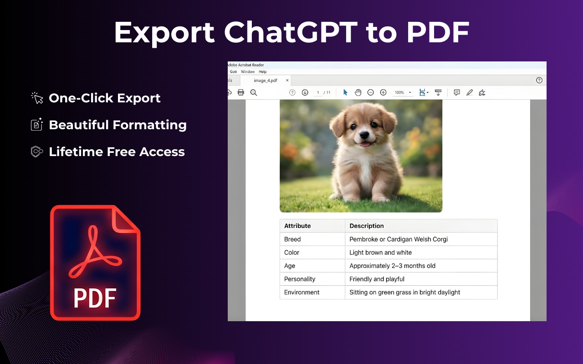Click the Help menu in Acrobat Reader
pos(262,72)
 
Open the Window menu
pos(248,72)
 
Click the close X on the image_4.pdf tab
pos(287,81)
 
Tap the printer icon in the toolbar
pos(241,92)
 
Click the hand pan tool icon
pos(358,92)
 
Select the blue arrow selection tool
pos(345,92)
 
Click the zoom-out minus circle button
pos(371,92)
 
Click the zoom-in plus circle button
pos(383,92)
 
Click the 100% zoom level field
pos(399,92)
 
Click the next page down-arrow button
pos(305,92)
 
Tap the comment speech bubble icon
pos(456,92)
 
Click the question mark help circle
pos(539,81)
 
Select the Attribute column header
pos(297,226)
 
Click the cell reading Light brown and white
pos(380,253)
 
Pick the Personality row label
pos(300,279)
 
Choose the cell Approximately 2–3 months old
pos(392,266)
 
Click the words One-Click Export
pos(104,98)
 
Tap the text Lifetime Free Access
pos(117,152)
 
